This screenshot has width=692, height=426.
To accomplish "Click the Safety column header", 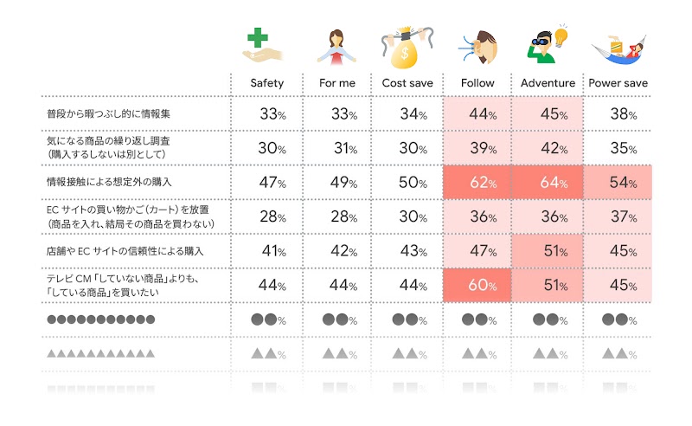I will pyautogui.click(x=266, y=83).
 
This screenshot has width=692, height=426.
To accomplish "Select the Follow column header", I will pyautogui.click(x=477, y=83).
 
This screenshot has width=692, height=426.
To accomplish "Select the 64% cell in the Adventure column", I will pyautogui.click(x=548, y=183).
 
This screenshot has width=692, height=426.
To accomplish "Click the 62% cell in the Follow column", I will pyautogui.click(x=477, y=183).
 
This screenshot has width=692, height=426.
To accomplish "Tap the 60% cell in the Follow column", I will pyautogui.click(x=477, y=285).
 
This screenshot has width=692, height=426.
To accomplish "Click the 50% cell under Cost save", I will pyautogui.click(x=407, y=183).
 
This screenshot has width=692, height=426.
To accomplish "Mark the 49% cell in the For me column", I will pyautogui.click(x=336, y=183).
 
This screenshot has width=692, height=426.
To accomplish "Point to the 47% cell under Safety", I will pyautogui.click(x=266, y=183).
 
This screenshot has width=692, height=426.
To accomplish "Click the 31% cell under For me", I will pyautogui.click(x=336, y=148).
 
